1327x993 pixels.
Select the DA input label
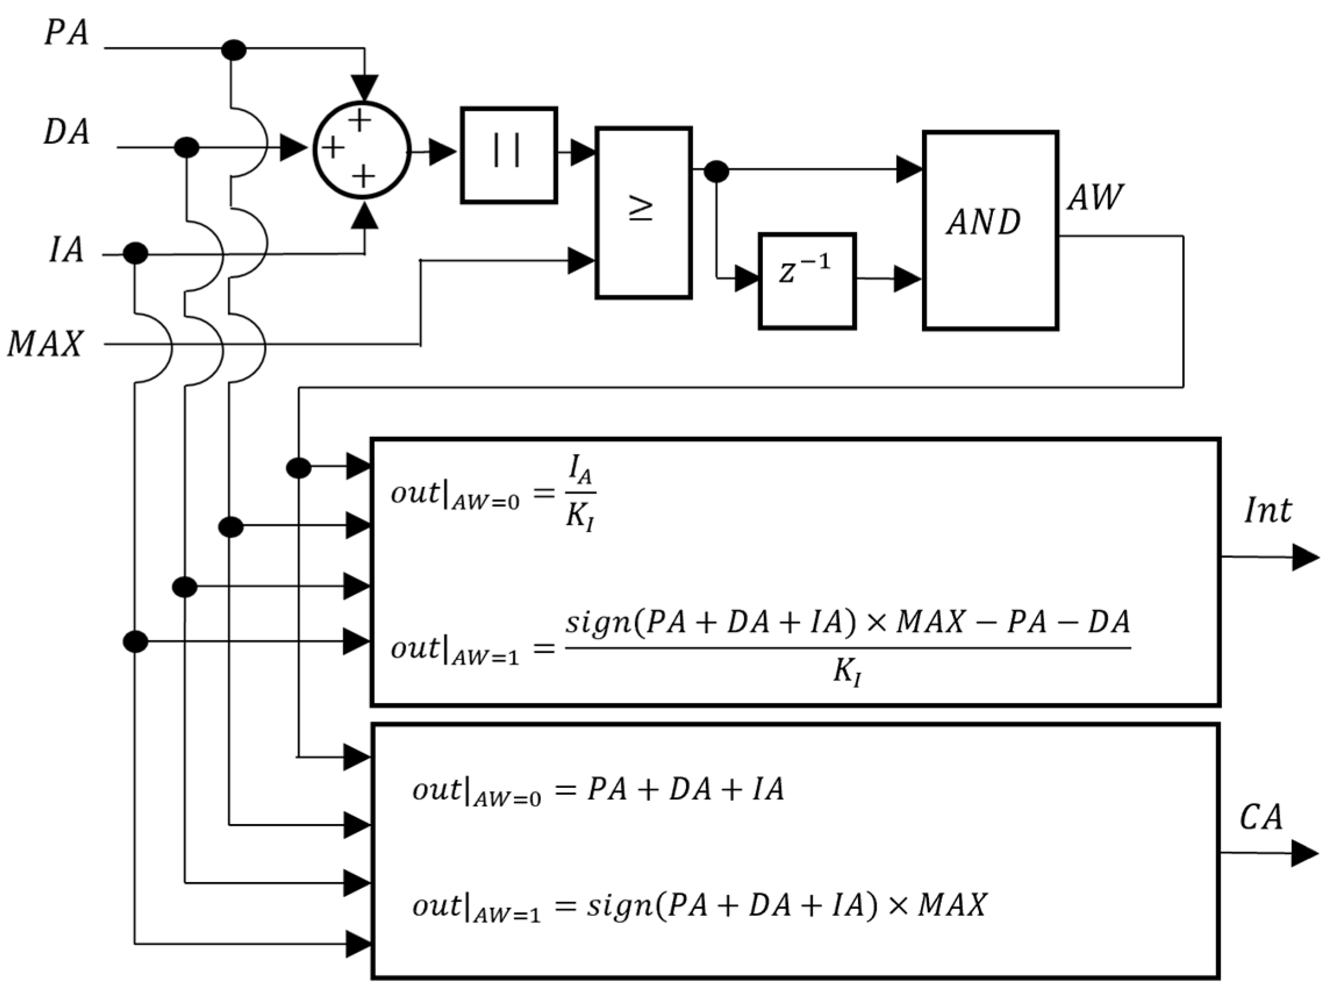(x=66, y=131)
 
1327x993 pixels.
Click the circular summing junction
(x=362, y=150)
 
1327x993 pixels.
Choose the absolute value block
(x=509, y=155)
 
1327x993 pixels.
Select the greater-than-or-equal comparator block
(x=643, y=213)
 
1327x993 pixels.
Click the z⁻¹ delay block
(x=807, y=281)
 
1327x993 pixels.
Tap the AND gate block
(x=990, y=230)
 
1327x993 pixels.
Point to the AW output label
(x=1095, y=196)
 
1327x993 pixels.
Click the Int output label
(x=1268, y=511)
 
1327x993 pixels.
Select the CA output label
(x=1261, y=816)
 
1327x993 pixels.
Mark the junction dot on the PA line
(x=234, y=50)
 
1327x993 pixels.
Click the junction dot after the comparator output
(x=716, y=171)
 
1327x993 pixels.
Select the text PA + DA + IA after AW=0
(x=685, y=789)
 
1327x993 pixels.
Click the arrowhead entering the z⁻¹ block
(x=747, y=278)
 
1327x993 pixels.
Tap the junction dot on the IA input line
(x=135, y=253)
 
